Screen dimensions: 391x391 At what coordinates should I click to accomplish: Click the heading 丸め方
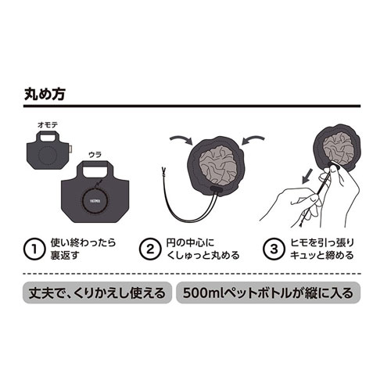point(45,94)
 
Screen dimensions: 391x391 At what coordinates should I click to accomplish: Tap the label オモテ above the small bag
point(48,125)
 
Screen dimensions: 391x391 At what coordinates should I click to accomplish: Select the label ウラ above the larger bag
point(95,155)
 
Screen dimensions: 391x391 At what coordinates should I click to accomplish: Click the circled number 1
point(34,249)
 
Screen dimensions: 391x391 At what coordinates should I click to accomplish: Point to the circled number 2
point(150,249)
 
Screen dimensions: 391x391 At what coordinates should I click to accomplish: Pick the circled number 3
point(274,249)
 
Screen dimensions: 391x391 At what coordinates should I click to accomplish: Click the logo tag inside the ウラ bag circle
point(95,201)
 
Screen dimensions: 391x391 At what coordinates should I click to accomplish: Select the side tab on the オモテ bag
point(70,149)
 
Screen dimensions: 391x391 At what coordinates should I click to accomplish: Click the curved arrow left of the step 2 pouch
point(181,139)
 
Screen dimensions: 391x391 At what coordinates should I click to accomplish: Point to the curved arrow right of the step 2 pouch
point(253,139)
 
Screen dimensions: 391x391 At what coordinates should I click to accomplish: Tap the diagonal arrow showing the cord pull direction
point(307,176)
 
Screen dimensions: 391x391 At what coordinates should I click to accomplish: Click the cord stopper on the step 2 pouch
point(216,188)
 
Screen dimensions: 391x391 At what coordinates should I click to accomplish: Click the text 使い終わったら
point(83,242)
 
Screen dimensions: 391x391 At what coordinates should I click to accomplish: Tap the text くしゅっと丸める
point(203,255)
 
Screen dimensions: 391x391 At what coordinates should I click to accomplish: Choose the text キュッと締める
point(321,255)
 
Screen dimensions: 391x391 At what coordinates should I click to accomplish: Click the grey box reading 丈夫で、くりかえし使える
point(97,292)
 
